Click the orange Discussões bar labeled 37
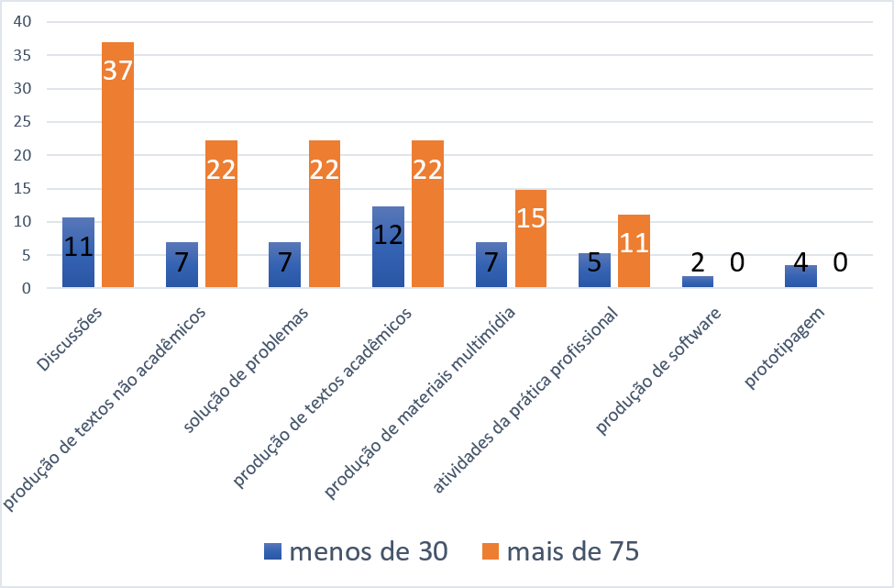[x=117, y=165]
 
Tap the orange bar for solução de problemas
[x=325, y=215]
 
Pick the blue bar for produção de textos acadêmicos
[x=388, y=248]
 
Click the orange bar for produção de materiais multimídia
[x=531, y=239]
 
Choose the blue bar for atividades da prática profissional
[x=594, y=272]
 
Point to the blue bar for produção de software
[x=698, y=283]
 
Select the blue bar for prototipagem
[x=800, y=277]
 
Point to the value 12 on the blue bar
[x=388, y=234]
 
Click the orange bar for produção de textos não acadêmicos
[x=221, y=215]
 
